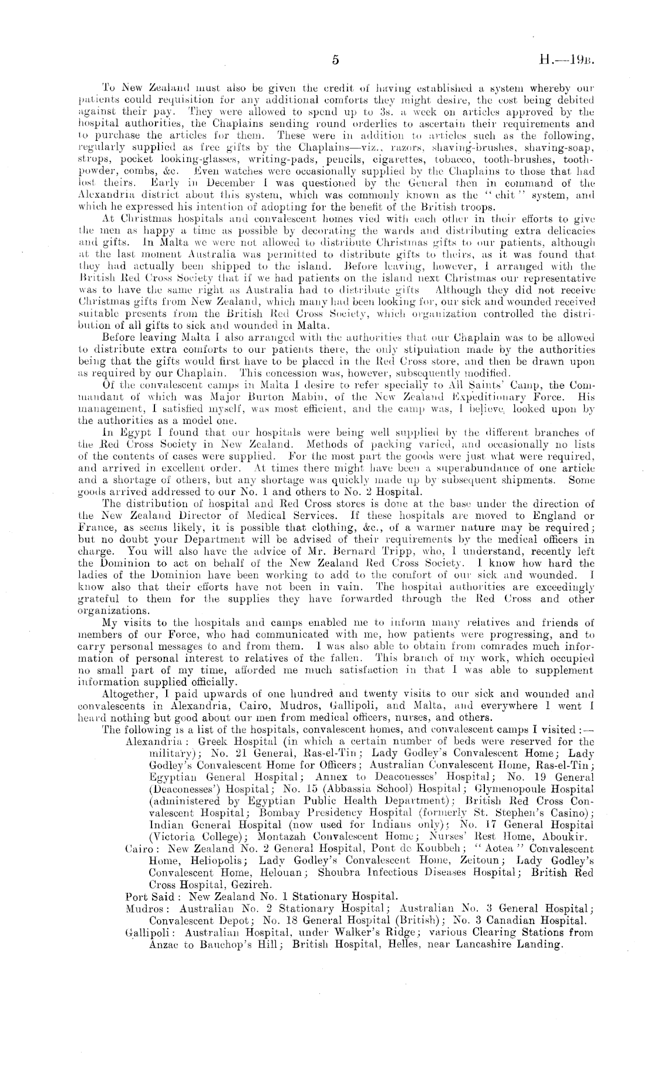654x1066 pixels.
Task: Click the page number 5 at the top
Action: pyautogui.click(x=336, y=60)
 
